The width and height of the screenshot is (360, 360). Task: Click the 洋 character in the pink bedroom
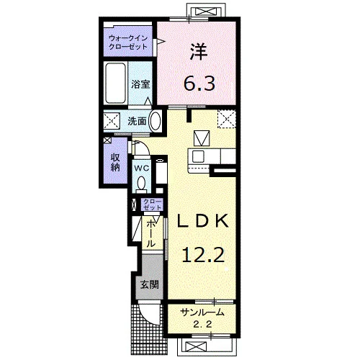tap(199, 52)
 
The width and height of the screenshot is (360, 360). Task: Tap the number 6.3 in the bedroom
tap(199, 83)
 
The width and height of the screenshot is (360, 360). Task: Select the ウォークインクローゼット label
tap(128, 42)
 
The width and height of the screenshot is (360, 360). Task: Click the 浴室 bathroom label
tap(140, 84)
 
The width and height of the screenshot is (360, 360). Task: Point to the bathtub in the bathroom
tap(116, 83)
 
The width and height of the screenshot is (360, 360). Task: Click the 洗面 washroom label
tap(137, 121)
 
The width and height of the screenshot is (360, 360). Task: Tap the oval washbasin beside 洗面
tap(155, 121)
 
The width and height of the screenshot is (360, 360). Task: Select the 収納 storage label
tap(115, 163)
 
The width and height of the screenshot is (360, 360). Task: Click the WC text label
tap(142, 168)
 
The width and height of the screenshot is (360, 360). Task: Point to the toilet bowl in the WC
tap(141, 183)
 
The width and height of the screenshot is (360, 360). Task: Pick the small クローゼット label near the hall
tap(152, 204)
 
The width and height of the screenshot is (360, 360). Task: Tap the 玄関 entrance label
tap(149, 284)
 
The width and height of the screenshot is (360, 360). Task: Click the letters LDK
tap(203, 221)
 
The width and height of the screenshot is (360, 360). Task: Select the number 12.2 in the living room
tap(203, 255)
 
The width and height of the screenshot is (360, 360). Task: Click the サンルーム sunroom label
tap(202, 312)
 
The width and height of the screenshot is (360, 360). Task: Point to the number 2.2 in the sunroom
tap(202, 325)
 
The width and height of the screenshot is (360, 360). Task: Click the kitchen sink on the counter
tap(198, 156)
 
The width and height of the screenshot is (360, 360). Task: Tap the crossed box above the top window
tap(204, 11)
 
